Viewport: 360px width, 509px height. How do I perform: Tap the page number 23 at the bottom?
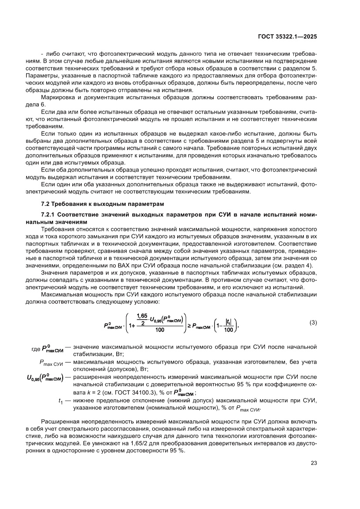(313, 463)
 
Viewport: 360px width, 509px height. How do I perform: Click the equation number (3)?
(313, 323)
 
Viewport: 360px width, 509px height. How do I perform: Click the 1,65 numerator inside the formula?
(141, 315)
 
